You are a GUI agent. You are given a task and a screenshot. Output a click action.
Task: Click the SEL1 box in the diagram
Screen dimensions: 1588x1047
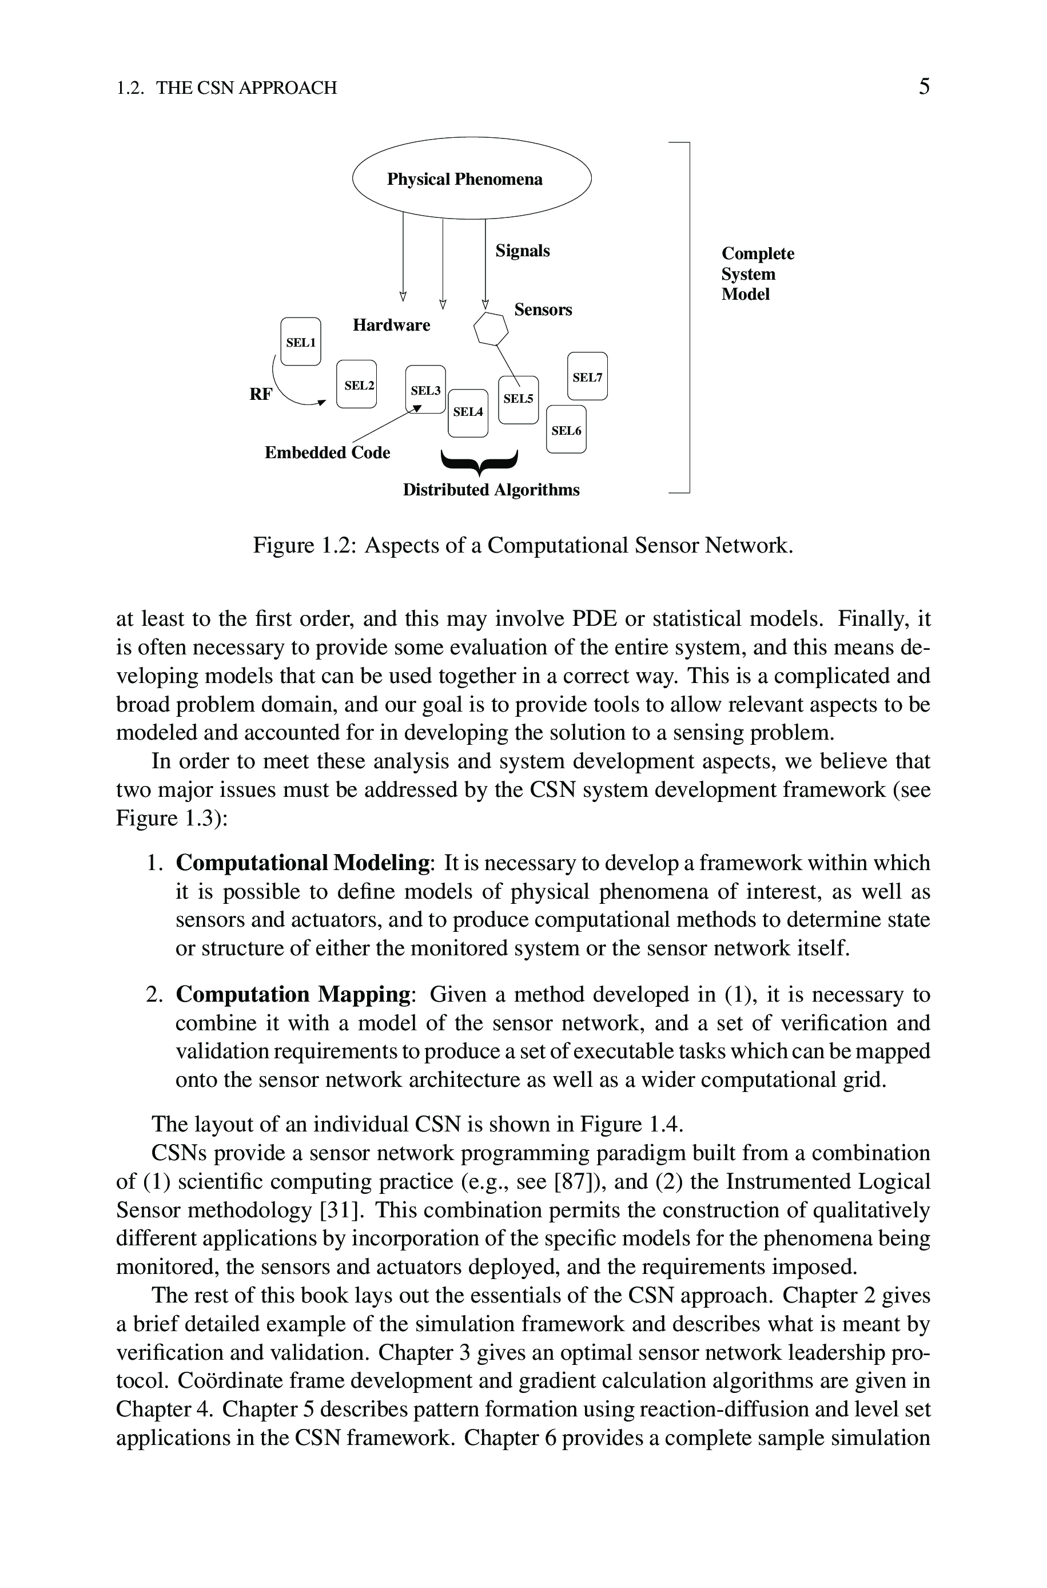(x=300, y=342)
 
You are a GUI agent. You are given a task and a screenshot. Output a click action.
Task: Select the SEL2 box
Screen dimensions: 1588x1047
(x=357, y=384)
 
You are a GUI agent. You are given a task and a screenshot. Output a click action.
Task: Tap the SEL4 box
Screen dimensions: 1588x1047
(x=468, y=412)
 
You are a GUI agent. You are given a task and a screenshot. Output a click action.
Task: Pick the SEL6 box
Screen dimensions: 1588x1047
(x=566, y=430)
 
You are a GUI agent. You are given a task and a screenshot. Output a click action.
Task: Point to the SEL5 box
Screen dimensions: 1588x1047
(x=518, y=399)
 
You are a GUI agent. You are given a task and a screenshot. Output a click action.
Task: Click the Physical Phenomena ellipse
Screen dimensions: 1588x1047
(x=471, y=178)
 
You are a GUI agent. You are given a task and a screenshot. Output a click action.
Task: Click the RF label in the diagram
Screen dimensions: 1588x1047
(x=260, y=395)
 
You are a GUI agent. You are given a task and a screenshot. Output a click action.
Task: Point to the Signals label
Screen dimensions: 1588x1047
(x=522, y=251)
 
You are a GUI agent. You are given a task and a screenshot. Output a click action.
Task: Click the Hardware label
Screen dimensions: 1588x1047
(x=391, y=325)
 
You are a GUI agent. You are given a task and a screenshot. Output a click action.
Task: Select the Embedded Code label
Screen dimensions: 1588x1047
(x=327, y=452)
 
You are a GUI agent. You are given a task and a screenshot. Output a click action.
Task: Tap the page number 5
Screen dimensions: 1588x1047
(x=923, y=87)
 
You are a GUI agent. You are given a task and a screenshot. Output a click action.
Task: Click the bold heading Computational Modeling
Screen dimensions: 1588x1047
(x=302, y=863)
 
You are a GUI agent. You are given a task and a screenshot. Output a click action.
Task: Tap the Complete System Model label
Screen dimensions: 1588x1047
(x=757, y=274)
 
